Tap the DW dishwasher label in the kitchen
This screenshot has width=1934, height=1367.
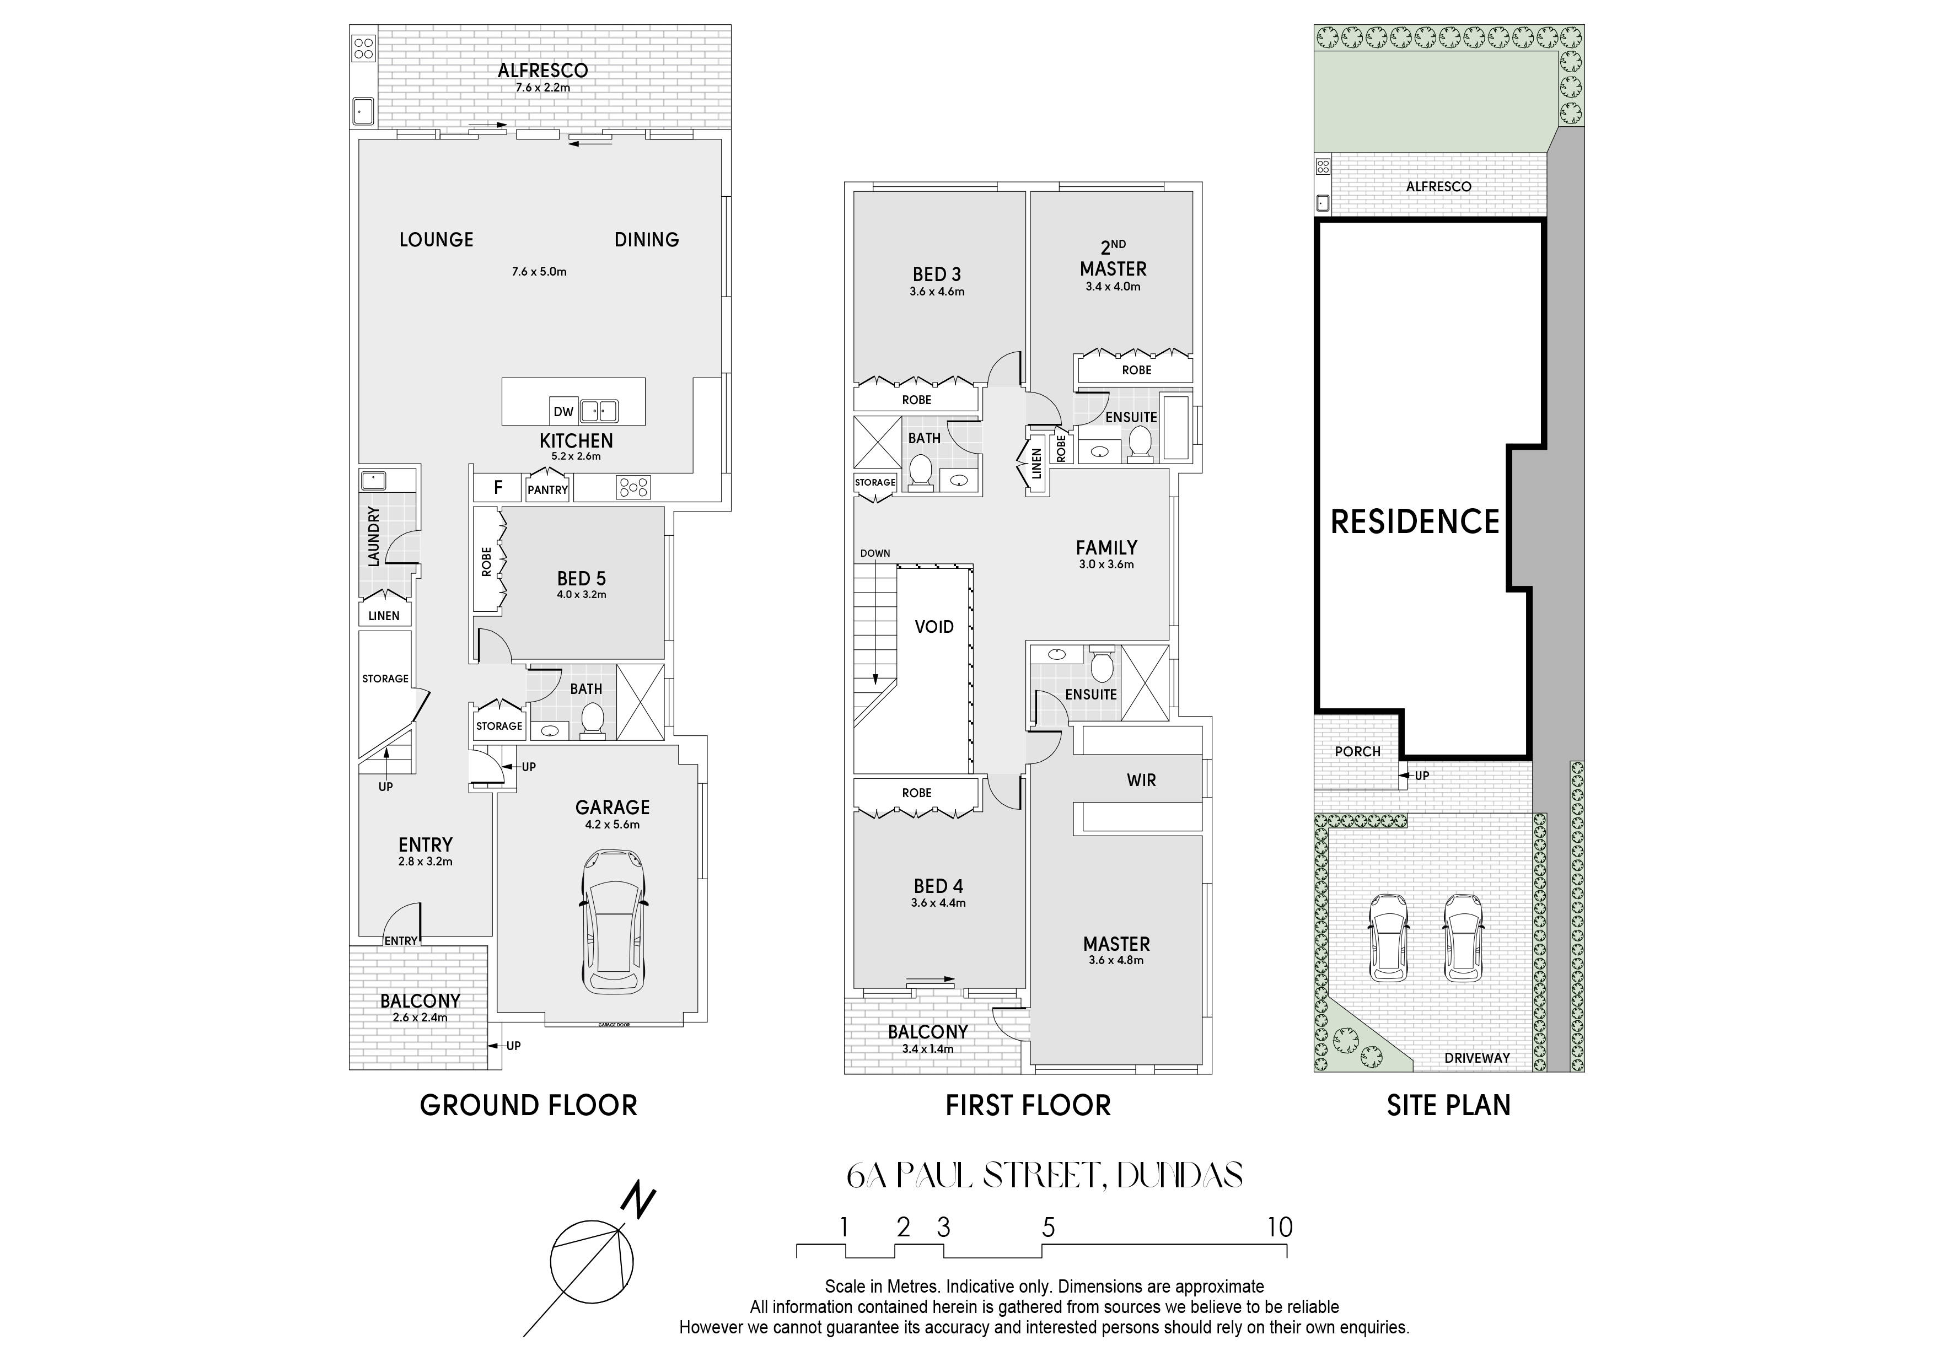tap(563, 412)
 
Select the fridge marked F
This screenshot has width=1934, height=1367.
tap(498, 487)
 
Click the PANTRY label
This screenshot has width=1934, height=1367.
tap(547, 489)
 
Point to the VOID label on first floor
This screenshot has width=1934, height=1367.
tap(934, 627)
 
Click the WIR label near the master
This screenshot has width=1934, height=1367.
tap(1141, 780)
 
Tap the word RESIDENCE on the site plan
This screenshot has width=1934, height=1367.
tap(1415, 522)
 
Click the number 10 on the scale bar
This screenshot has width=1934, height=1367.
tap(1280, 1227)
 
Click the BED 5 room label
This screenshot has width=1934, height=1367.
tap(581, 579)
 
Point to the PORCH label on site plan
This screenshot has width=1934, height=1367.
tap(1358, 751)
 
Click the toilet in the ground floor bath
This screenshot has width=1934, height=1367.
tap(593, 721)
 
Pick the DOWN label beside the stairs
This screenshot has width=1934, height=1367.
tap(875, 553)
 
